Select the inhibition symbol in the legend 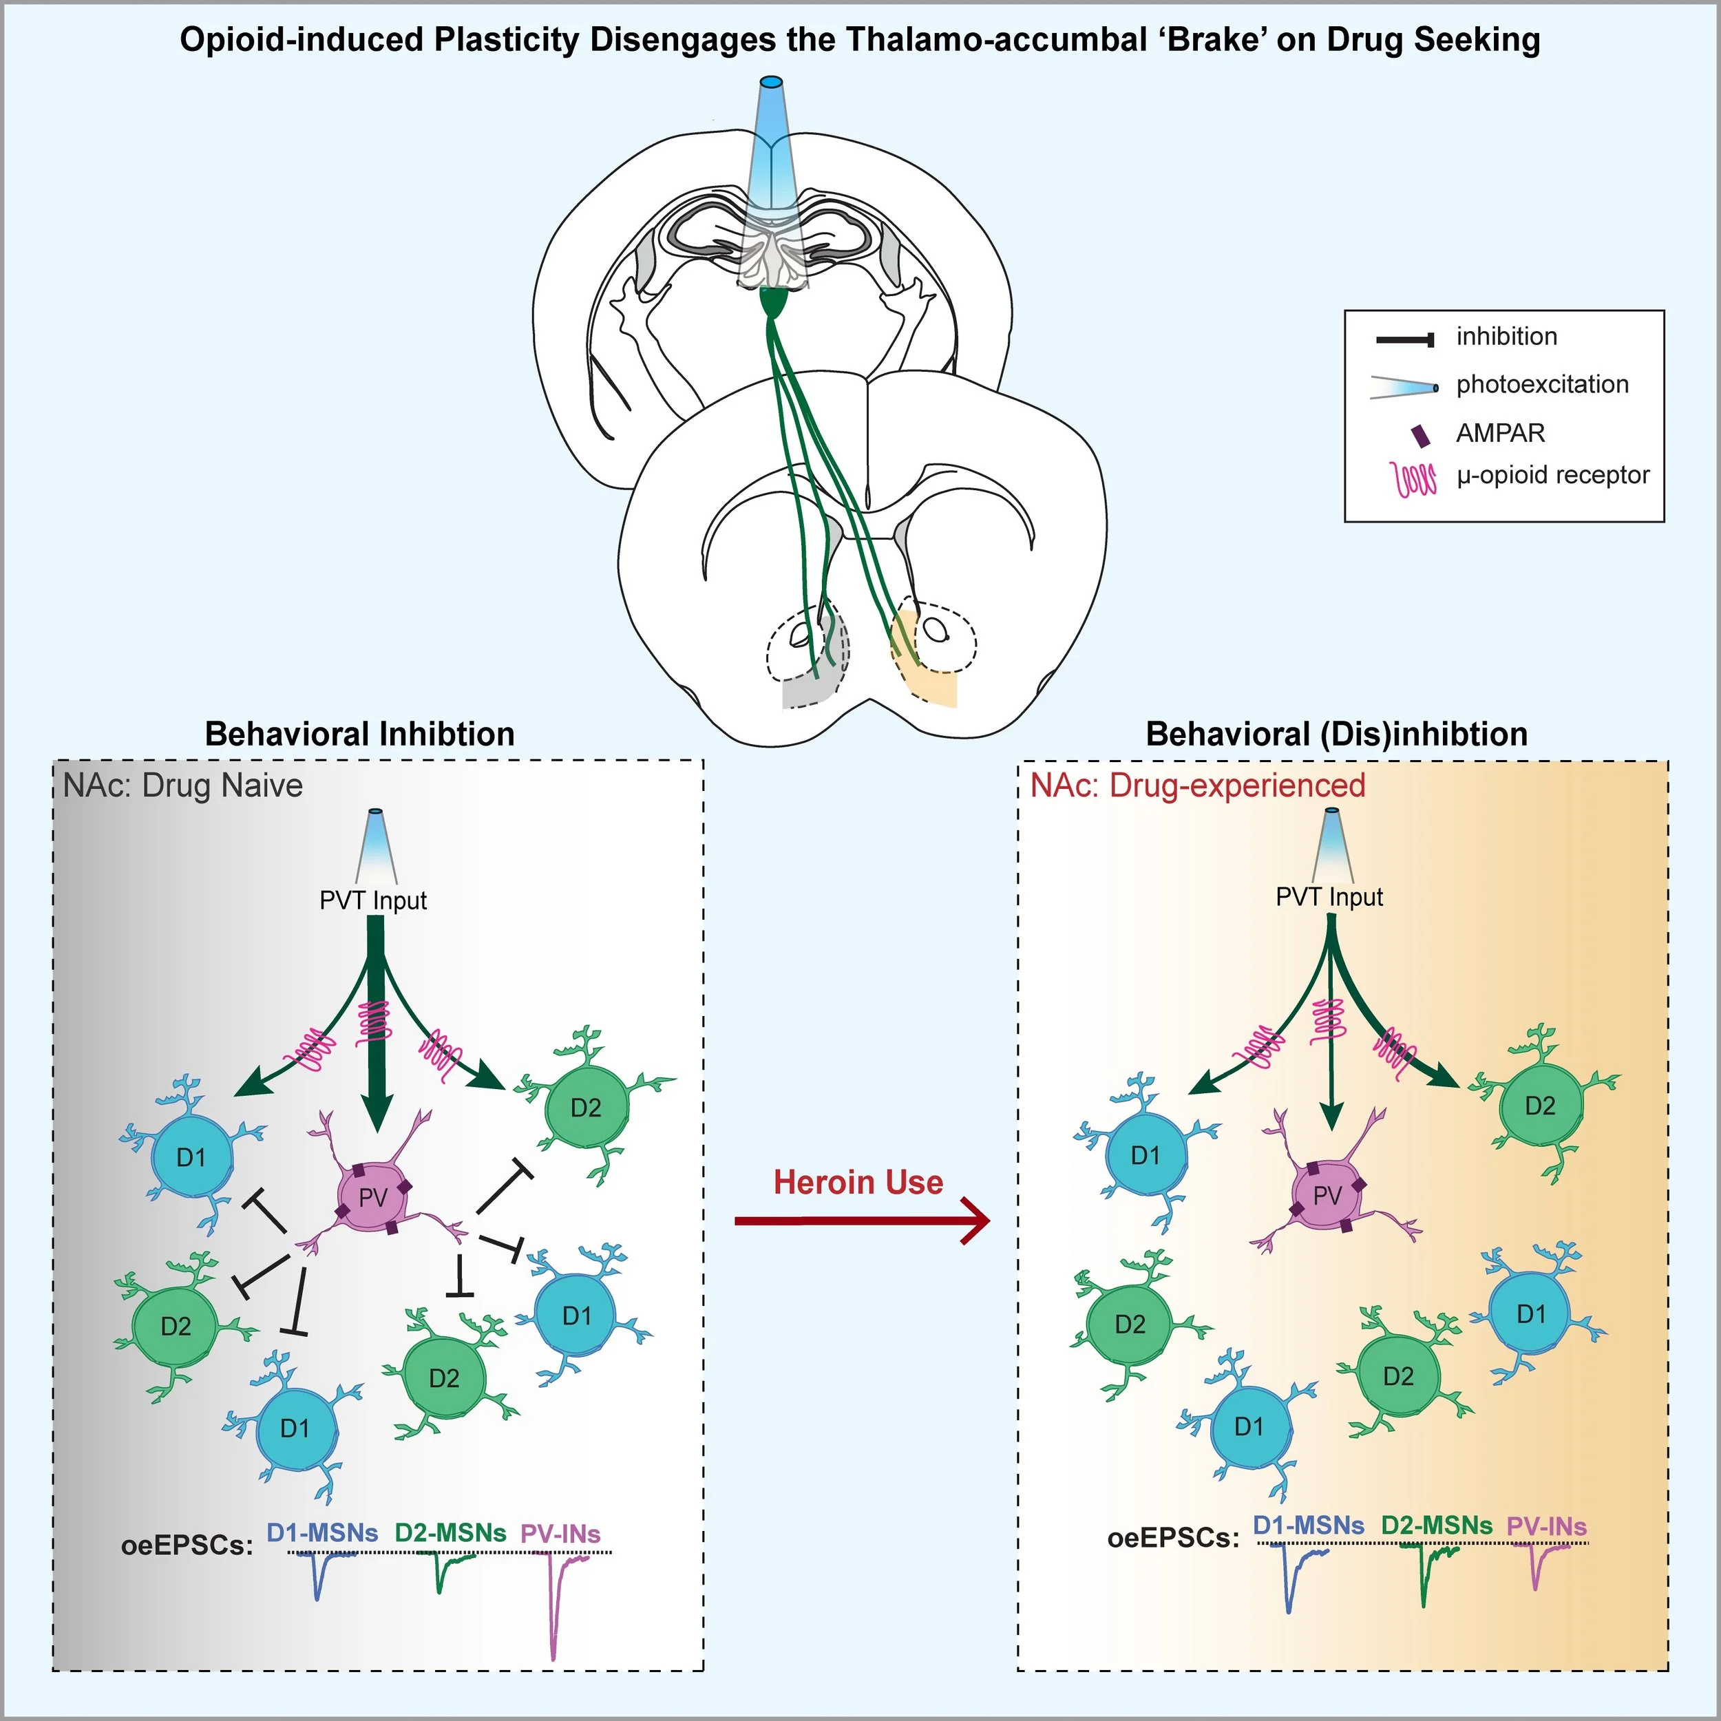coord(1405,339)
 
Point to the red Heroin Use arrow coord(860,1221)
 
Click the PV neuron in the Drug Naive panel coord(373,1197)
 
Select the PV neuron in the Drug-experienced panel coord(1327,1196)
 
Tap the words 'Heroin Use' coord(858,1182)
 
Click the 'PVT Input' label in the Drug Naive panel coord(373,900)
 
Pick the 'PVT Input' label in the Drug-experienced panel coord(1329,897)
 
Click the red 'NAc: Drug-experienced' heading coord(1197,785)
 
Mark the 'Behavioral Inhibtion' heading coord(360,734)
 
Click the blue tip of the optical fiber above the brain coord(770,83)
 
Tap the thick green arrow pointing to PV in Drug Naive coord(377,1024)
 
